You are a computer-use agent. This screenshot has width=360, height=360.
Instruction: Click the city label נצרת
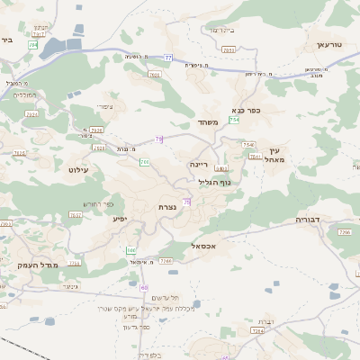[x=167, y=207]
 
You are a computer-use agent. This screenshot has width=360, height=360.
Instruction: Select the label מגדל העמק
[x=36, y=265]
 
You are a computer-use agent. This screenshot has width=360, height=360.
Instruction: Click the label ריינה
[x=199, y=165]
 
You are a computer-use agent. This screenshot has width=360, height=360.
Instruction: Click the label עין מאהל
[x=275, y=155]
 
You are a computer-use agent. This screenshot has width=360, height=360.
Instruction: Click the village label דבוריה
[x=309, y=219]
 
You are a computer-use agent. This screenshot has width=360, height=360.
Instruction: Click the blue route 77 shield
[x=168, y=58]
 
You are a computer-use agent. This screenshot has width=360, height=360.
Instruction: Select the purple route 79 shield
[x=159, y=139]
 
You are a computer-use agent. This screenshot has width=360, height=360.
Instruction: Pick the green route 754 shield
[x=235, y=120]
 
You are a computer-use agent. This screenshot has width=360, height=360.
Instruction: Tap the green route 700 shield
[x=144, y=162]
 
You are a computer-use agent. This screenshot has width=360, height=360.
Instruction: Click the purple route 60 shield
[x=144, y=287]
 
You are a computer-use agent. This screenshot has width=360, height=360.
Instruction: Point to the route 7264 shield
[x=258, y=330]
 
